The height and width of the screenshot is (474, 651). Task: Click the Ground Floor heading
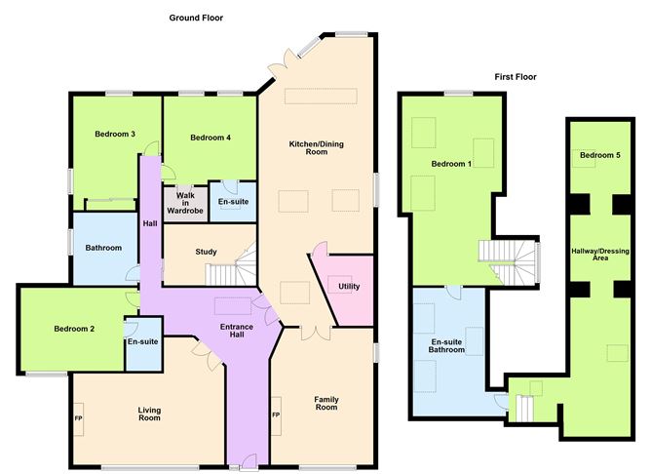[x=196, y=18]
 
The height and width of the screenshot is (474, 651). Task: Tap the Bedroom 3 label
[x=115, y=134]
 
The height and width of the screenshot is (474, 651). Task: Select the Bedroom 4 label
[x=210, y=138]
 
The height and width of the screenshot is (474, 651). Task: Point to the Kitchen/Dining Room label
[x=316, y=148]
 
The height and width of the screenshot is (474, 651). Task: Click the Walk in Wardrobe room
[x=182, y=202]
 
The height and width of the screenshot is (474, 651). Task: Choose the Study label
[x=206, y=252]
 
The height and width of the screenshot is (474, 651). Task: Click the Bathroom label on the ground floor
[x=102, y=248]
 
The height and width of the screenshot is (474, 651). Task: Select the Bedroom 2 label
[x=74, y=329]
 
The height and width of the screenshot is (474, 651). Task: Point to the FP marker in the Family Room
[x=276, y=416]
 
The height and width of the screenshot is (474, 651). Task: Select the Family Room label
[x=325, y=404]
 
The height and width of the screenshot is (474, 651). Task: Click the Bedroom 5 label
[x=599, y=155]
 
